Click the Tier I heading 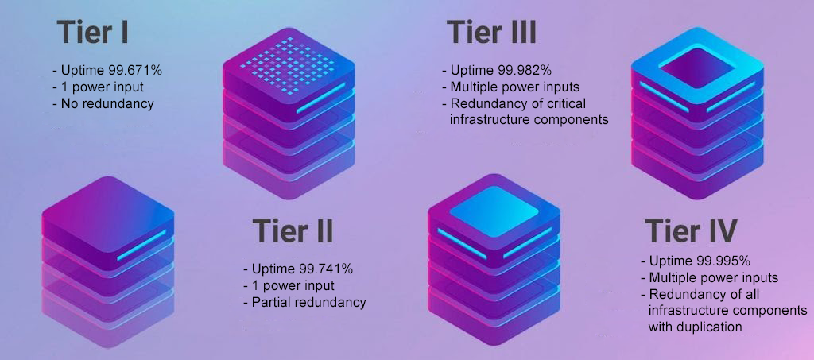tap(92, 32)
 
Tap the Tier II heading tap(293, 230)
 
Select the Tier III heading tap(491, 32)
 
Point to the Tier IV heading tap(691, 230)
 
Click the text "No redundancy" tap(107, 103)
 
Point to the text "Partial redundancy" tap(309, 302)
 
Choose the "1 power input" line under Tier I tap(103, 87)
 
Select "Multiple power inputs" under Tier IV tap(714, 277)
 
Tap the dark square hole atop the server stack tap(697, 68)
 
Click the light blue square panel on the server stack tap(494, 211)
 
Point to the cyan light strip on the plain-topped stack tap(141, 246)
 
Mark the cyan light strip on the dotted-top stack tap(321, 99)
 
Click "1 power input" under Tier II tap(293, 286)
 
